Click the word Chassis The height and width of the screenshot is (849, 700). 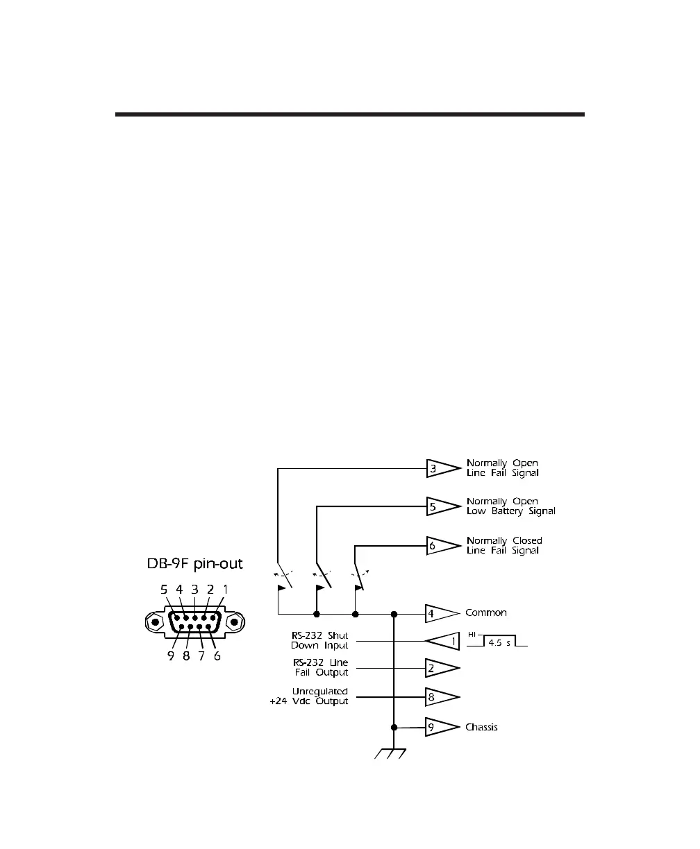(481, 728)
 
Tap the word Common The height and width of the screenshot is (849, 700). (486, 613)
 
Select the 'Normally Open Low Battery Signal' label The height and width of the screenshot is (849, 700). (510, 506)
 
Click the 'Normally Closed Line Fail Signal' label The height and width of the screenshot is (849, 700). (504, 545)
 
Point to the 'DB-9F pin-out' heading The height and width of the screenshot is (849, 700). (193, 563)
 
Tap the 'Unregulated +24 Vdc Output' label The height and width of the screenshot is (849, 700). (309, 696)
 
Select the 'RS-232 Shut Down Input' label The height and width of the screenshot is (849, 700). (319, 641)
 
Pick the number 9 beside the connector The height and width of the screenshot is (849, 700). (171, 655)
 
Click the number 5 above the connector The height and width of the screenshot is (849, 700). (165, 590)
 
